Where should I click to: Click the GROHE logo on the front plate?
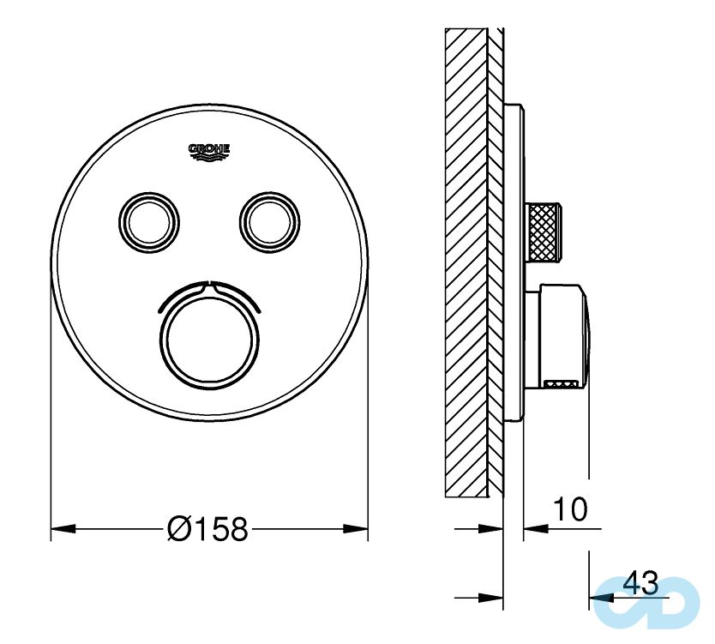pos(209,150)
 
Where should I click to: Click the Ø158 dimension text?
pos(208,529)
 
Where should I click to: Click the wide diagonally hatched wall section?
pos(466,257)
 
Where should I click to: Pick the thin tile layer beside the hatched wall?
pos(496,257)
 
